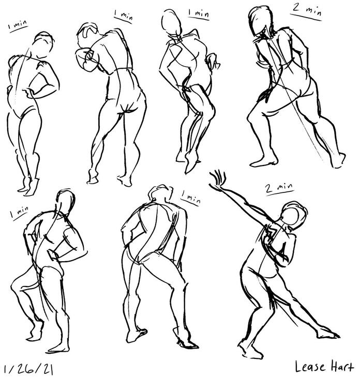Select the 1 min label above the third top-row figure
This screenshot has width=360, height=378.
pyautogui.click(x=197, y=12)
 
